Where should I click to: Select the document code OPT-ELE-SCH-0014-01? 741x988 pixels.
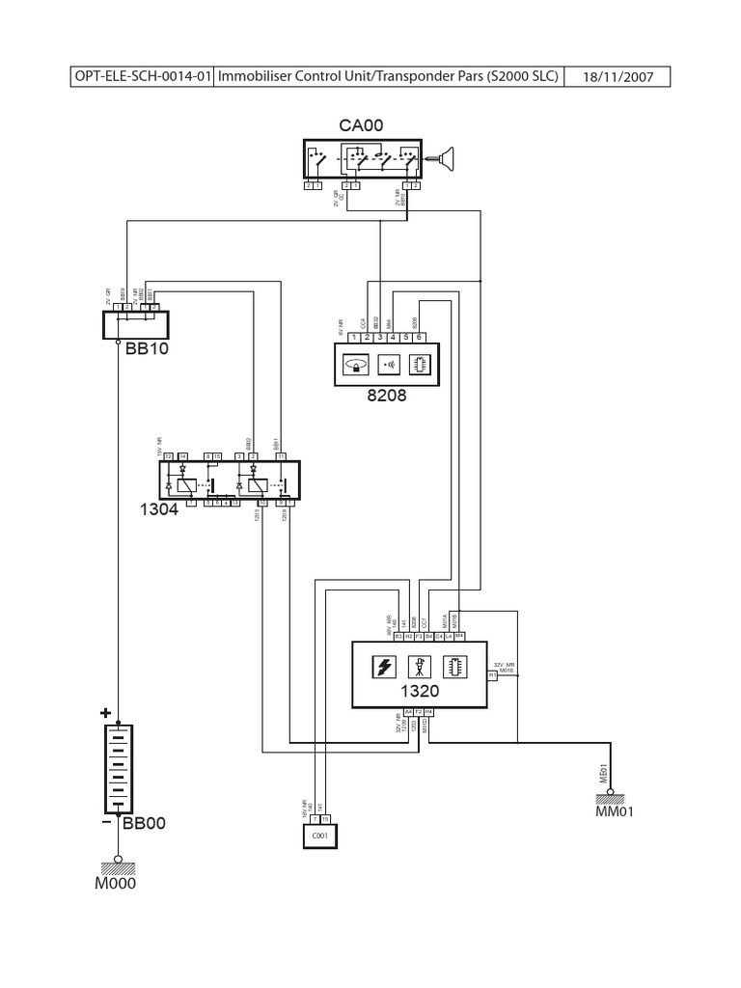pyautogui.click(x=142, y=78)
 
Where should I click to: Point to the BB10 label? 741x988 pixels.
pyautogui.click(x=147, y=349)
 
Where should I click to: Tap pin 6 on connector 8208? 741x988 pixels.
pyautogui.click(x=419, y=337)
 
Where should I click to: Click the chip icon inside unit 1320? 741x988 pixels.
pyautogui.click(x=453, y=667)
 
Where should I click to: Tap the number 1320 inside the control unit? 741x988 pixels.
pyautogui.click(x=420, y=691)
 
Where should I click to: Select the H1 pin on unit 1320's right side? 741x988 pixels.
pyautogui.click(x=491, y=676)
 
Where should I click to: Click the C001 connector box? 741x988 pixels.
pyautogui.click(x=318, y=836)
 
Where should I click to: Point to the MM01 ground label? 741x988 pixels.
pyautogui.click(x=615, y=811)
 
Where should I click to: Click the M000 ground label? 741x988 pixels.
pyautogui.click(x=116, y=886)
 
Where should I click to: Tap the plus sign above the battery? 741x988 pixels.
pyautogui.click(x=103, y=713)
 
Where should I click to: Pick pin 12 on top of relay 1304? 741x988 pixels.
pyautogui.click(x=168, y=455)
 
